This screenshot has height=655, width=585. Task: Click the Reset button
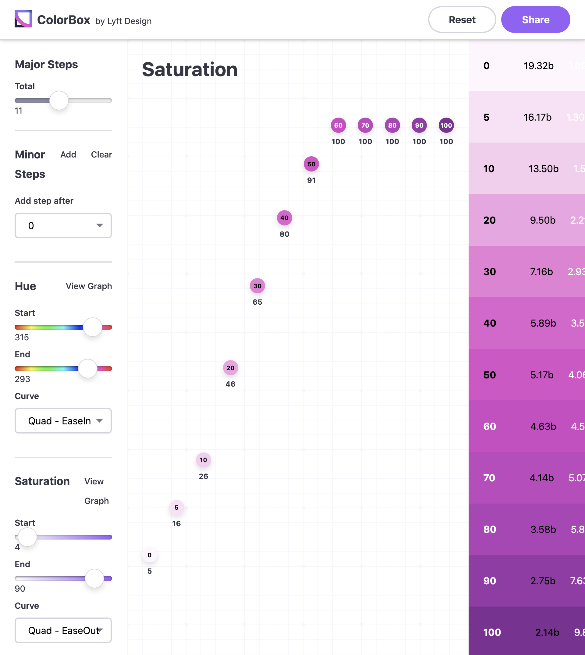coord(462,19)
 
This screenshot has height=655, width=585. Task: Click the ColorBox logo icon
coord(23,19)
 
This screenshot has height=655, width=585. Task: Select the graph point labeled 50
coord(311,164)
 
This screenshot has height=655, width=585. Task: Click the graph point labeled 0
coord(150,555)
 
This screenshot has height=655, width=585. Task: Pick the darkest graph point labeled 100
coord(446,125)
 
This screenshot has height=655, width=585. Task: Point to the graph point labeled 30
coord(257,286)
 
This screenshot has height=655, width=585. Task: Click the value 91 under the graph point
coord(311,180)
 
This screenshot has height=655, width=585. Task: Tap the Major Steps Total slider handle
coord(59,100)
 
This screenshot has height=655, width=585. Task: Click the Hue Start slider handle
coord(93,327)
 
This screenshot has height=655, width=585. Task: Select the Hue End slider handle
coord(88,369)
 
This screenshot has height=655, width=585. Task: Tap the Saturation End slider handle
coord(94,579)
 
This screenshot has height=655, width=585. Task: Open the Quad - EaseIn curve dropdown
coord(63,421)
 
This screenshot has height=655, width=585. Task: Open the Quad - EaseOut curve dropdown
coord(63,630)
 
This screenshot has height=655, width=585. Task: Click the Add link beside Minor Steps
coord(68,154)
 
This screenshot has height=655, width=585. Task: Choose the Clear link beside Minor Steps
coord(101,154)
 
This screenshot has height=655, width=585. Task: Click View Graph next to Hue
coord(89,286)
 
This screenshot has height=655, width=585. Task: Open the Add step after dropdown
coord(63,225)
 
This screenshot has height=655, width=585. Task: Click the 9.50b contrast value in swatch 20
coord(543,220)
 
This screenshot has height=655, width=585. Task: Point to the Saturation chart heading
coord(190,69)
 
